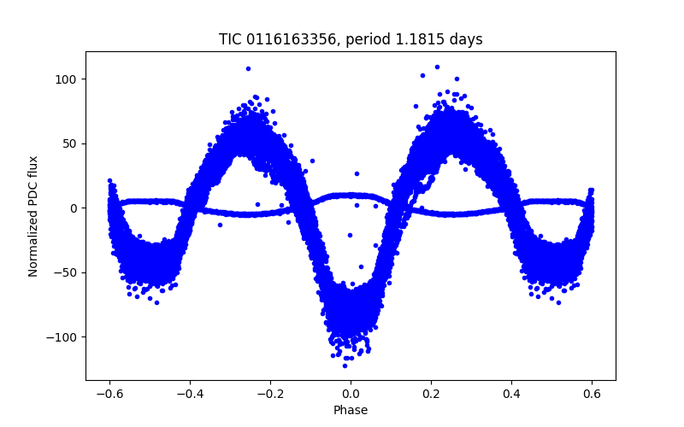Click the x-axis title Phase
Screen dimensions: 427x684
pos(351,411)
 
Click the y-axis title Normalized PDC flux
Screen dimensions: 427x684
pos(33,216)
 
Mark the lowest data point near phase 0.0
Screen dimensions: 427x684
pos(345,366)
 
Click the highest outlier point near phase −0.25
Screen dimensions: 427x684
pos(248,68)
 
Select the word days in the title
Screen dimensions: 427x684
pos(467,39)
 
